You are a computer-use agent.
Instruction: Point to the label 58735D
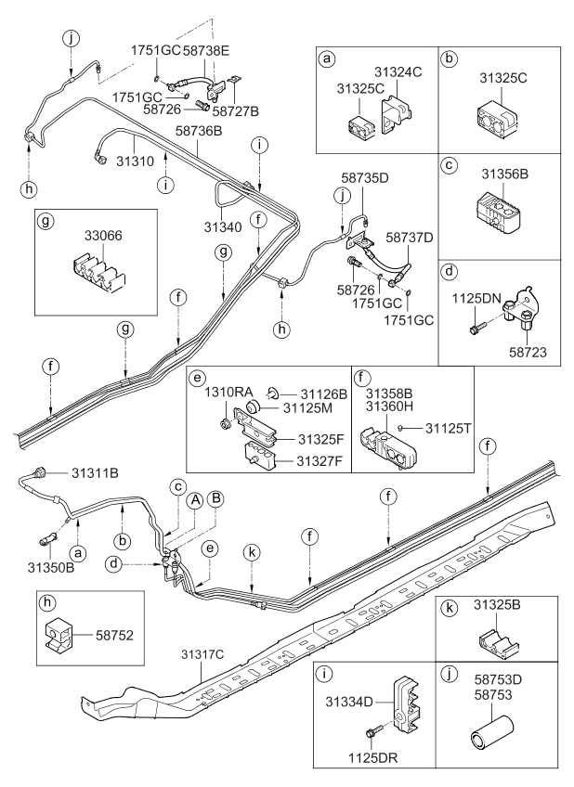tap(365, 175)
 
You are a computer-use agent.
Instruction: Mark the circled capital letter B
tap(215, 498)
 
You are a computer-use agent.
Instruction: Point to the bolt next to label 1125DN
tap(477, 327)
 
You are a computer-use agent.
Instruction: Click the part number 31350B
tap(45, 567)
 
